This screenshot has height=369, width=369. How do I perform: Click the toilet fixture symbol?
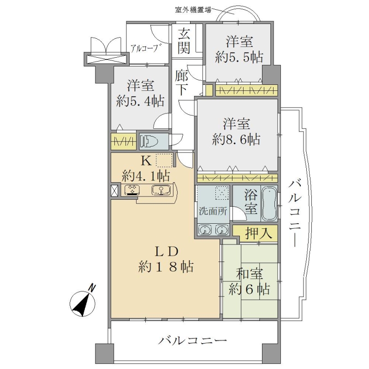tap(149, 142)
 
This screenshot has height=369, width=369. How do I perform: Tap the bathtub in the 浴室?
tap(269, 204)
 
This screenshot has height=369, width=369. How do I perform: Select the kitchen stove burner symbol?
tap(132, 190)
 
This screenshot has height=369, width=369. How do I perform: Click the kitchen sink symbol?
tap(161, 190)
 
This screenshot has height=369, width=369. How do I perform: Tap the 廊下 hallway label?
tap(181, 83)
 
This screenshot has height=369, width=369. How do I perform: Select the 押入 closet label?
tap(259, 233)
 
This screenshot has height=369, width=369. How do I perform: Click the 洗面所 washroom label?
tap(213, 211)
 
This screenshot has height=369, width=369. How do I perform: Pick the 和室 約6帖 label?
tap(249, 281)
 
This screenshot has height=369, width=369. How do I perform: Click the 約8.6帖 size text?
tap(236, 140)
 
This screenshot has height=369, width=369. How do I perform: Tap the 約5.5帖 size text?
tap(239, 57)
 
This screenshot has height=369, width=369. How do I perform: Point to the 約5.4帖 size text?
tap(140, 101)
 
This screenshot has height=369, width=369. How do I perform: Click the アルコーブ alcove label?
tap(144, 48)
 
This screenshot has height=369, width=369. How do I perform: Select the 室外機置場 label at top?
tap(193, 10)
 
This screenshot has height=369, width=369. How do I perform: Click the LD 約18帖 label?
tap(166, 260)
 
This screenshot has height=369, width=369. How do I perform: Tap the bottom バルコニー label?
tap(192, 340)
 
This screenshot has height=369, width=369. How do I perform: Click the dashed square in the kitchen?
tap(164, 161)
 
